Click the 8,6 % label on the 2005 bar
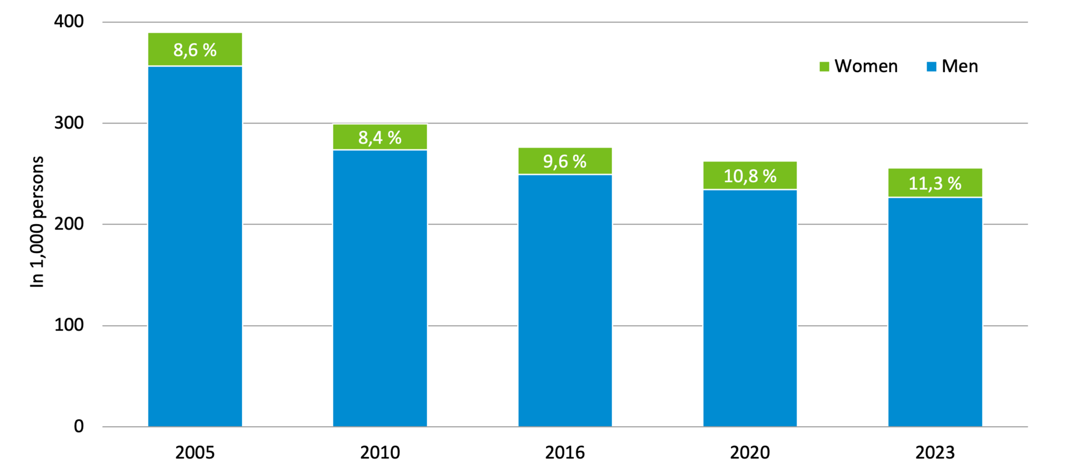(195, 50)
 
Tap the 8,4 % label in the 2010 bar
(379, 138)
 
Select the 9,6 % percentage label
(564, 161)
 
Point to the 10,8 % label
(750, 176)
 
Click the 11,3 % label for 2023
(935, 183)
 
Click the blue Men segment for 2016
(564, 300)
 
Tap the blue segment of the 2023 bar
(935, 312)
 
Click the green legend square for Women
(824, 67)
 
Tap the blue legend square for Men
(931, 67)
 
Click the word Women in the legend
(866, 66)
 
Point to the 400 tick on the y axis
(69, 21)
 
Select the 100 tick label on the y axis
(69, 325)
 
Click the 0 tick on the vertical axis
(78, 426)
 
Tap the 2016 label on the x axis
(564, 452)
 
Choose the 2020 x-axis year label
(750, 452)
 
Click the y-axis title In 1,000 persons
(37, 222)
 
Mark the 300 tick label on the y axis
(69, 123)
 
